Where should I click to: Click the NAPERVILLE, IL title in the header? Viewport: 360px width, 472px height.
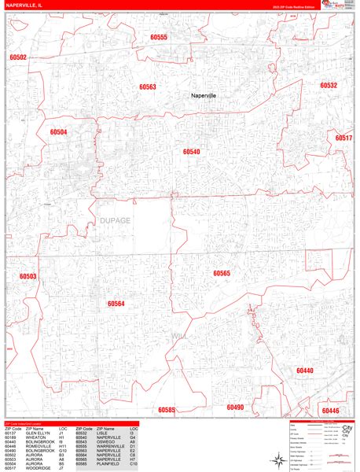29,7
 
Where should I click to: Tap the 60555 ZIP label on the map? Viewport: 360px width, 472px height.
159,37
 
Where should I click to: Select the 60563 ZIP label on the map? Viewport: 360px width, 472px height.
148,87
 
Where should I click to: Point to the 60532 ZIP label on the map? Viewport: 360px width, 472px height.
328,85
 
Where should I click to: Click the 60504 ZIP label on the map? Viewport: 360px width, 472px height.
58,132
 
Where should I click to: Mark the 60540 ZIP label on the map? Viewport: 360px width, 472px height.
191,151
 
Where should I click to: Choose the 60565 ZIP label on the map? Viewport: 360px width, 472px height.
222,273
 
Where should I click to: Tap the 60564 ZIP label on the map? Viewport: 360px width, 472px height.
116,303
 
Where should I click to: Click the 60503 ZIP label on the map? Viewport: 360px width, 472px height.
28,276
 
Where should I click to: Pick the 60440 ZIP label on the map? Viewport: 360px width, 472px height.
304,370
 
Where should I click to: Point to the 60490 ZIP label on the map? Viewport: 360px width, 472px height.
235,407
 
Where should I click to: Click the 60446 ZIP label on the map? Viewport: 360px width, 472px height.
330,411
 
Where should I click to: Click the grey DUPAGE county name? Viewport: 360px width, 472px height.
115,221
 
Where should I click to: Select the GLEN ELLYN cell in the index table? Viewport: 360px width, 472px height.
38,433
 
